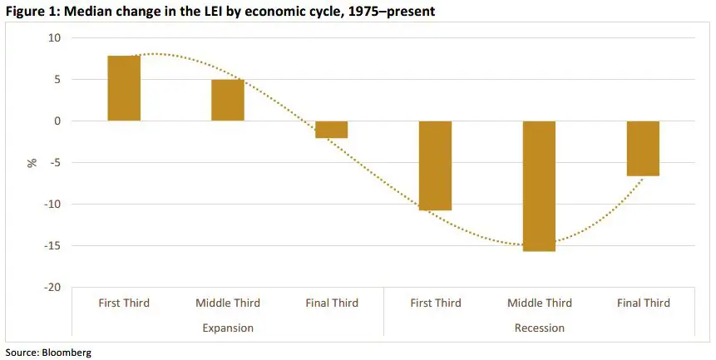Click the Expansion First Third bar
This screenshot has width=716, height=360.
point(124,88)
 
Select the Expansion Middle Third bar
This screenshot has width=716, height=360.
point(228,101)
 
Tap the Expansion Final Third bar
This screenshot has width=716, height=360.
point(332,130)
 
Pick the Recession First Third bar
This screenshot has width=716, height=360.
point(436,165)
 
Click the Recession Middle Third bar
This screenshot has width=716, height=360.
point(539,186)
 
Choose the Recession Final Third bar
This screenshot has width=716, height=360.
point(643,149)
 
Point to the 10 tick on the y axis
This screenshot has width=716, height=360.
point(55,38)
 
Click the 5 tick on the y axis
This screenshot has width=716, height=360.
point(57,80)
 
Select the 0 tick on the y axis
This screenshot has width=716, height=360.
point(57,121)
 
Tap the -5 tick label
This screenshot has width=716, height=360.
point(56,163)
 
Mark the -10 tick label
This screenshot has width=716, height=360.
point(53,205)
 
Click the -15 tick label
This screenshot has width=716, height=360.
point(53,246)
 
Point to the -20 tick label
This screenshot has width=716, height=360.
point(53,288)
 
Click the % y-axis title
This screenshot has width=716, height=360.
point(32,163)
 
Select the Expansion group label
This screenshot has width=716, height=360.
point(228,328)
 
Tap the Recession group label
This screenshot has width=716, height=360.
point(539,328)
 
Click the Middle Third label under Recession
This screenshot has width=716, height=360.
point(539,303)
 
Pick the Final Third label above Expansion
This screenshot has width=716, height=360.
point(332,303)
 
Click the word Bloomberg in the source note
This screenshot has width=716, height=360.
point(68,353)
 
